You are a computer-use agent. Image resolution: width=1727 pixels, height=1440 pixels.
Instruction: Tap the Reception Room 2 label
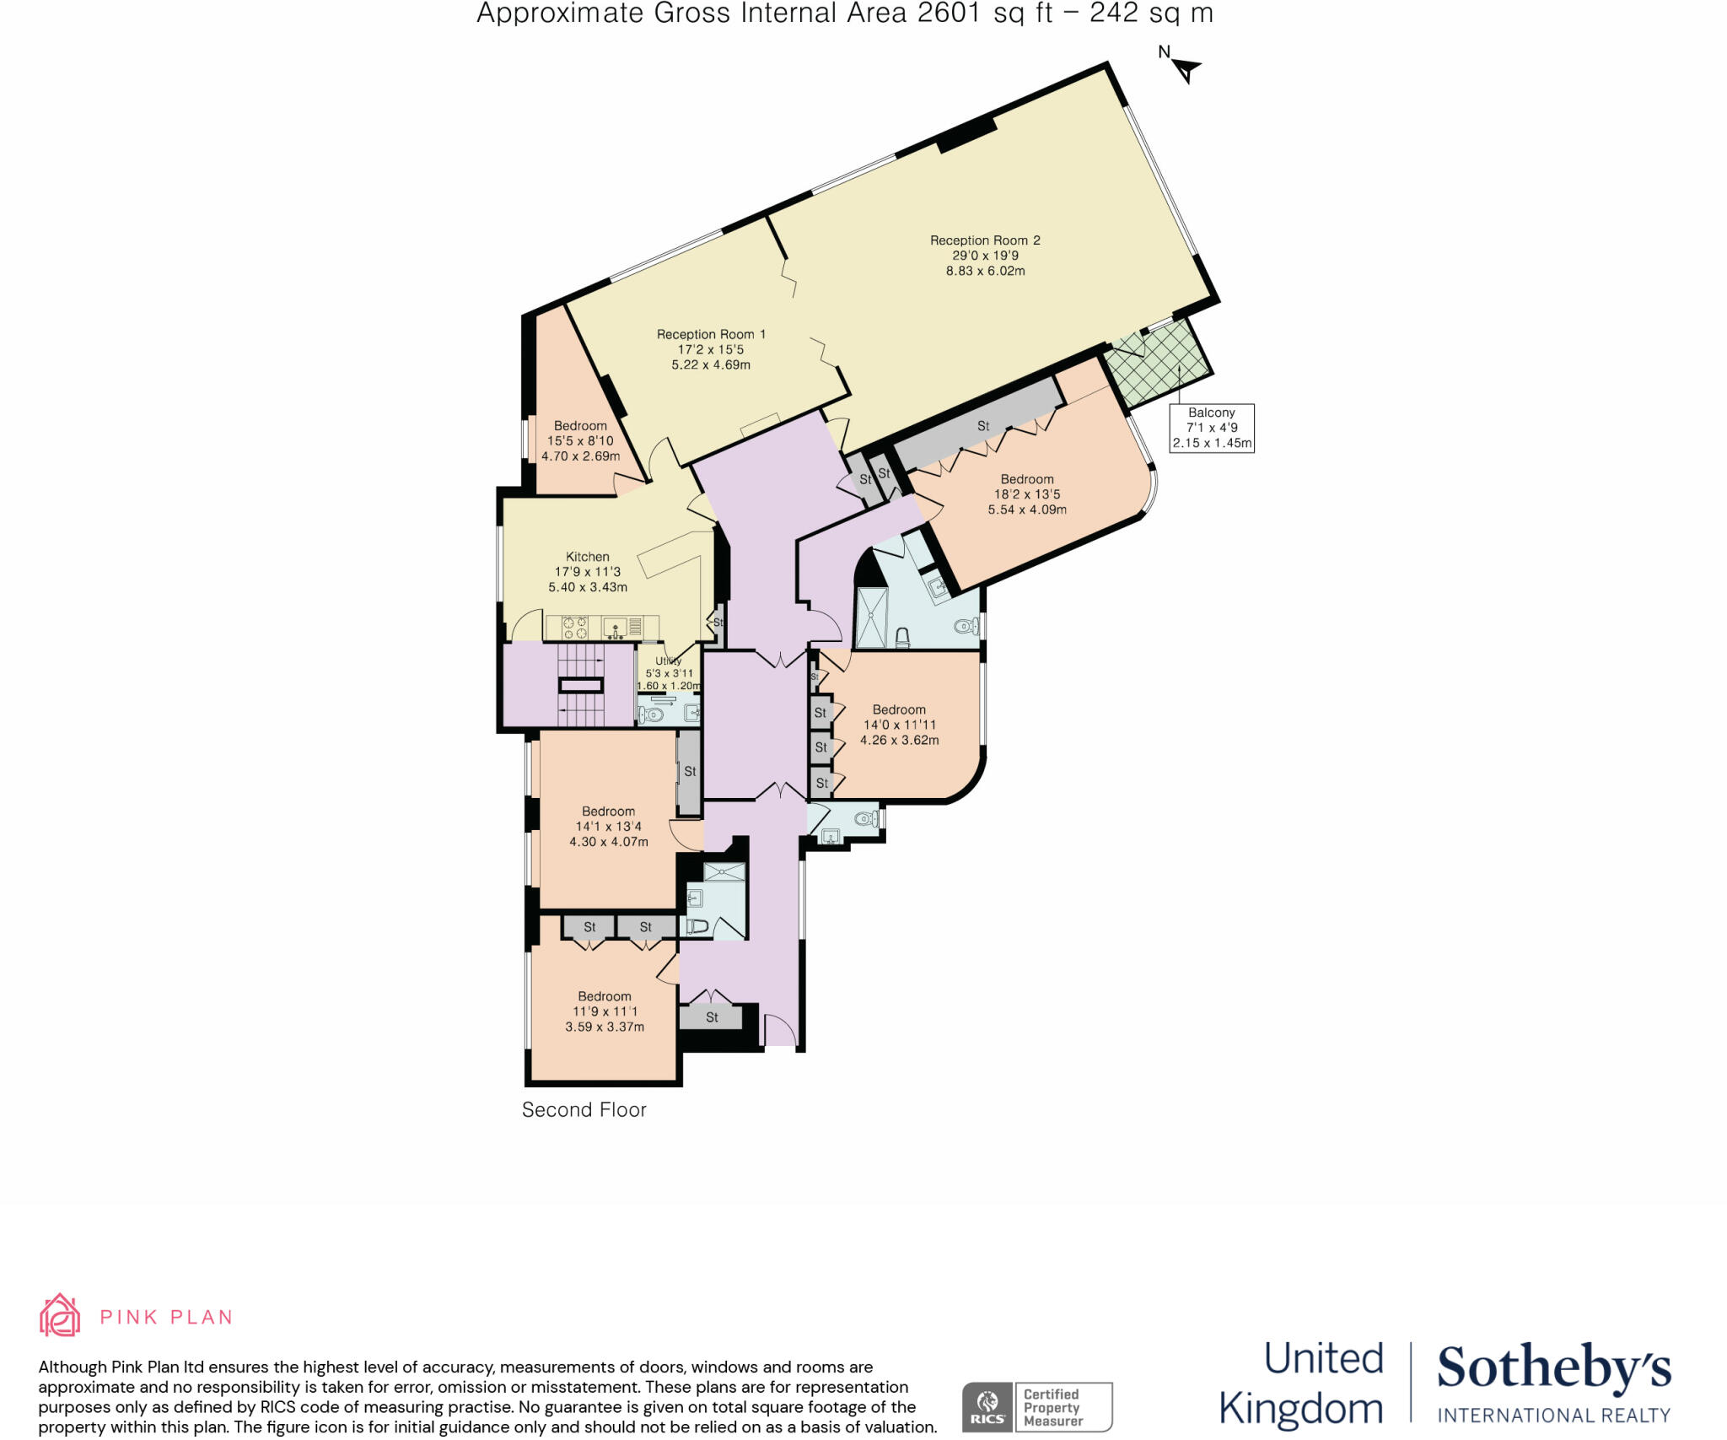click(x=985, y=255)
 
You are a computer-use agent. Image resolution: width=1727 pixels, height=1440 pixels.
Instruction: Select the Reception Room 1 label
click(x=711, y=349)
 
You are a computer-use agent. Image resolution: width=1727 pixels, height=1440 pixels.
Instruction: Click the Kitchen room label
click(x=588, y=571)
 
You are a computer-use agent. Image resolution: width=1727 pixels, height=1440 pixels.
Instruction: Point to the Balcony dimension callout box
click(x=1211, y=428)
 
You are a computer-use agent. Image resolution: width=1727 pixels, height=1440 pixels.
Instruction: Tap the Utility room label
click(x=669, y=672)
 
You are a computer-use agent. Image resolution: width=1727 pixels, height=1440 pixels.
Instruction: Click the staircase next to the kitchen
click(x=581, y=684)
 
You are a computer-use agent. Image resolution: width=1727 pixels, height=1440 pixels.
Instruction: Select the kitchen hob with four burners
click(x=575, y=628)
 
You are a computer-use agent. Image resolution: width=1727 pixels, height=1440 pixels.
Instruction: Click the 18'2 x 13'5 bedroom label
click(x=1027, y=494)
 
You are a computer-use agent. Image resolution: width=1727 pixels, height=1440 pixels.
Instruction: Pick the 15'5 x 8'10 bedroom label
click(x=580, y=440)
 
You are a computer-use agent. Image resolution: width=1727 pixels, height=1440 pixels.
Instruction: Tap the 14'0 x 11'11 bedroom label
click(x=899, y=725)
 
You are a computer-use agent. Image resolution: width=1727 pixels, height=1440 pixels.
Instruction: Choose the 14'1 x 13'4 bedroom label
click(x=608, y=826)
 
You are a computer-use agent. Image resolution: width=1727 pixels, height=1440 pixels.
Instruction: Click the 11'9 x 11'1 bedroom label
click(x=605, y=1011)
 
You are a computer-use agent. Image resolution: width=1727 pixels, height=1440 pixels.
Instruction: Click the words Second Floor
click(x=584, y=1110)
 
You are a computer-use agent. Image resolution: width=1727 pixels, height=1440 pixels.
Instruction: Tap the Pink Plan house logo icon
click(x=60, y=1315)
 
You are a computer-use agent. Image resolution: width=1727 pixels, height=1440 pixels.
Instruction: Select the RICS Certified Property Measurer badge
click(x=1037, y=1406)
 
